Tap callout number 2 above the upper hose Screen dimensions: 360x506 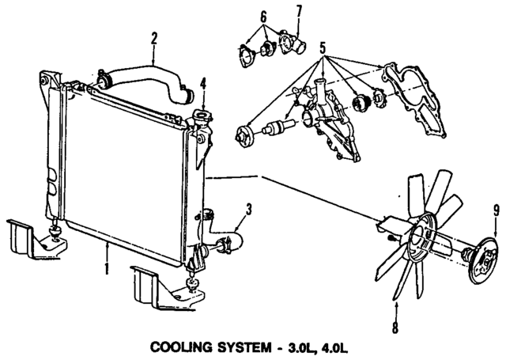154,36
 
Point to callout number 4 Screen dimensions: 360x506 203,82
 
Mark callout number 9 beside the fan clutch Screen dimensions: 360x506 497,210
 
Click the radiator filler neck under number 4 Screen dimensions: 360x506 204,119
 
